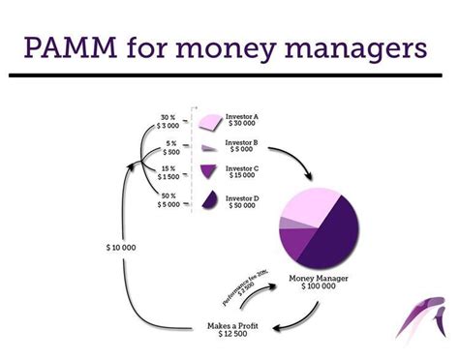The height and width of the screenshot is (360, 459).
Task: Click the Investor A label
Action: pyautogui.click(x=242, y=120)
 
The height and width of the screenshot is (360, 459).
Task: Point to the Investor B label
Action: pyautogui.click(x=242, y=147)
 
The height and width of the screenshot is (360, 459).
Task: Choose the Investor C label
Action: pyautogui.click(x=242, y=173)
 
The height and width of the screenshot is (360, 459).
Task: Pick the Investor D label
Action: pyautogui.click(x=242, y=202)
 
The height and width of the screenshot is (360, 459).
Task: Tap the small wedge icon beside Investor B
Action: pyautogui.click(x=207, y=148)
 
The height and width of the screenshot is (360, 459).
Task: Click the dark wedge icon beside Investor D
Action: pyautogui.click(x=207, y=200)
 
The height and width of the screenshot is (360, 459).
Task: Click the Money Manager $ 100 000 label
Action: pyautogui.click(x=320, y=285)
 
